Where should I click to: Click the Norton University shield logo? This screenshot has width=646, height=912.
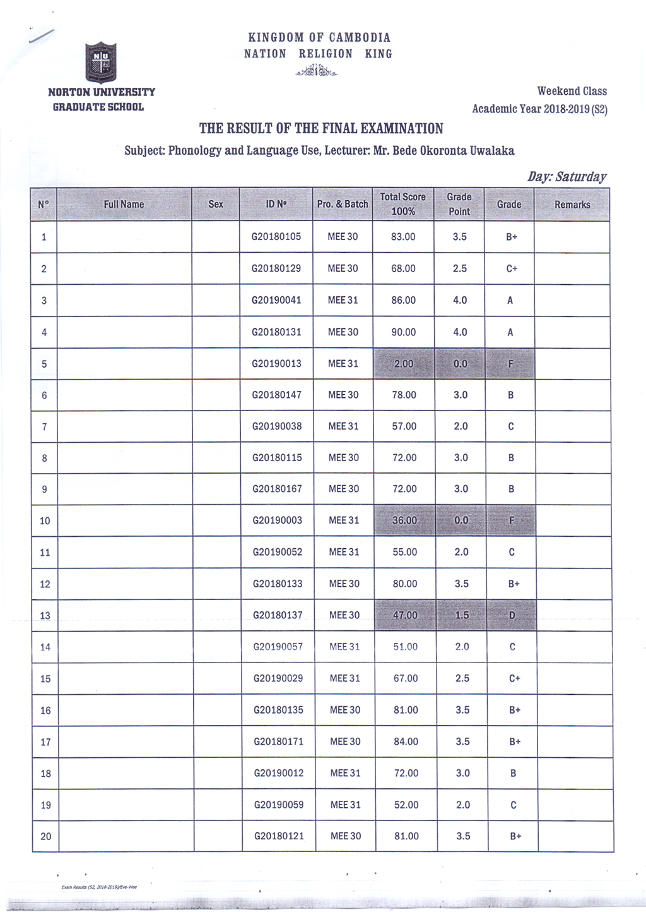(101, 63)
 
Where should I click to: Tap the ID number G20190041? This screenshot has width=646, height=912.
(276, 300)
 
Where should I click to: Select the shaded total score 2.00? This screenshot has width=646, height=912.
(403, 364)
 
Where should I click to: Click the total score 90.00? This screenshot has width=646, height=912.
(403, 332)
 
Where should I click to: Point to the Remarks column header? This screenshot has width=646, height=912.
(572, 205)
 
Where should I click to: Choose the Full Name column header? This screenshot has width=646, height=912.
(124, 205)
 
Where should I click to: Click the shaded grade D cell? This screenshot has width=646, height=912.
(512, 615)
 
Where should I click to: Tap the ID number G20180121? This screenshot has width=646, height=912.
(279, 836)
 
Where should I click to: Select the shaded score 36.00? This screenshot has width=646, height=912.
(404, 520)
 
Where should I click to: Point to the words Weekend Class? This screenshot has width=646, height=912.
(572, 92)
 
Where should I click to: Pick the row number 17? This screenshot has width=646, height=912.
(45, 742)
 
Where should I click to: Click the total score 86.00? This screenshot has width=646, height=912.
(403, 301)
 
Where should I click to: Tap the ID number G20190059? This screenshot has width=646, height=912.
(279, 805)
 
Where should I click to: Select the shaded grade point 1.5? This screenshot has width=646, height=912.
(462, 615)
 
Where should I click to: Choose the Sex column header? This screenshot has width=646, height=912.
(216, 205)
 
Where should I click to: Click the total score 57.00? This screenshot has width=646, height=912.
(404, 426)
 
